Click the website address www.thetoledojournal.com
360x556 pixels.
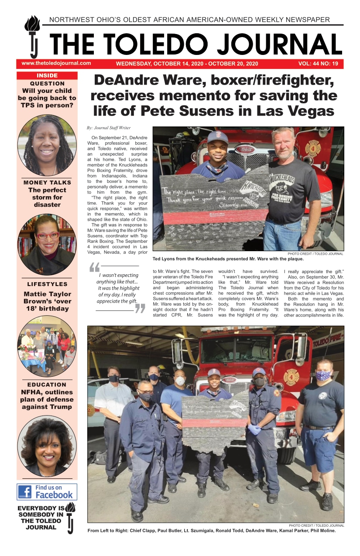coord(56,63)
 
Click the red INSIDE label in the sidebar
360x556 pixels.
coord(47,75)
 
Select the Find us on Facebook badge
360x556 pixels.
coord(47,491)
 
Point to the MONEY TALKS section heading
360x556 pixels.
coord(47,182)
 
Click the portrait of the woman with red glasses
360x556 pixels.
coord(47,243)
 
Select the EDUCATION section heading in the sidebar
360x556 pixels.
coord(47,385)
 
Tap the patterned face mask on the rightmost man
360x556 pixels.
coord(323,375)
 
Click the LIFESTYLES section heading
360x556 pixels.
coord(47,284)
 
